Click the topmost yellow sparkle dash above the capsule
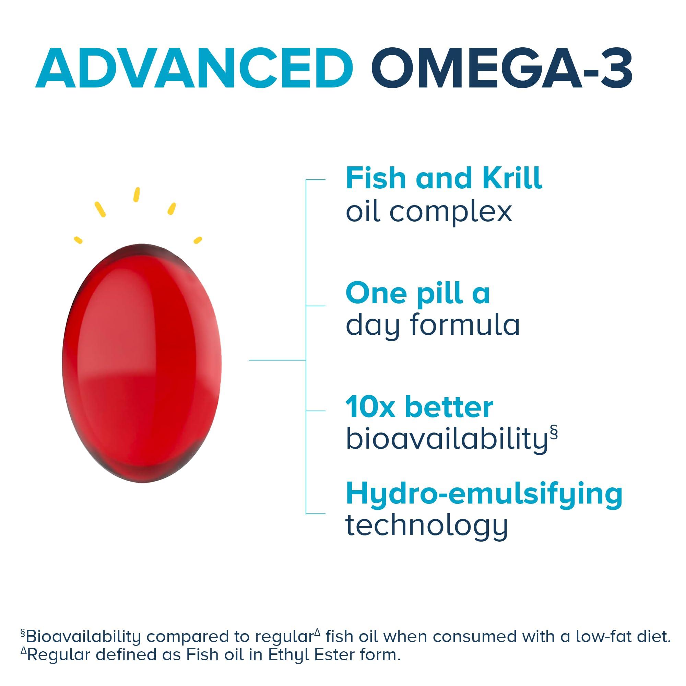click(137, 195)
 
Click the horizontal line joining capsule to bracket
click(277, 360)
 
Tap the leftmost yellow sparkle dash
click(78, 240)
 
